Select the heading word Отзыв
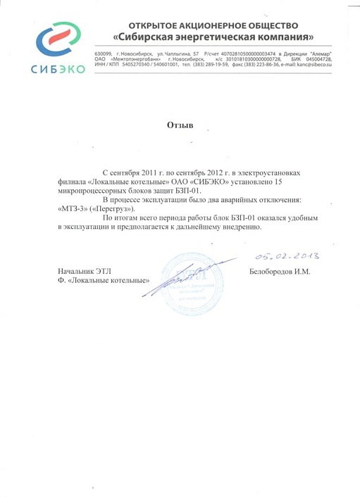click(180, 125)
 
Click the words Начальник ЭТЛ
click(83, 272)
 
